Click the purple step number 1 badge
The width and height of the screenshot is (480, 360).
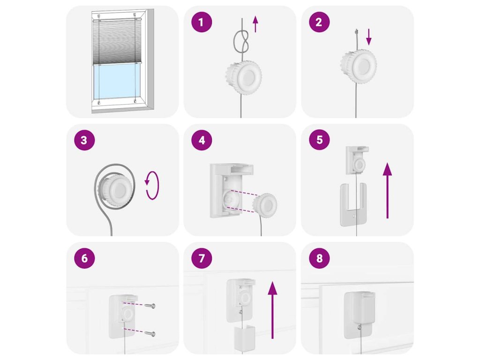[202, 22]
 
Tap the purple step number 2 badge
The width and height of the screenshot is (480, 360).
[319, 22]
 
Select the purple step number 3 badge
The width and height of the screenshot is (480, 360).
[84, 140]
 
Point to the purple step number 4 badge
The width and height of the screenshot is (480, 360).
[202, 140]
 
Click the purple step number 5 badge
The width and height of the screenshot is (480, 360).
[319, 140]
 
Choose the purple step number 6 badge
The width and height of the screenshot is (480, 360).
[84, 258]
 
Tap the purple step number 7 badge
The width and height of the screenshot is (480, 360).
[202, 258]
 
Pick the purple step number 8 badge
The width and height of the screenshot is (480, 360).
[319, 258]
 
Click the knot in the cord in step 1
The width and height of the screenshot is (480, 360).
[241, 42]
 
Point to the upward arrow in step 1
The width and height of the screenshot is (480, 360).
[255, 24]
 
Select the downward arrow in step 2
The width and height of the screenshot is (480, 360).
[369, 37]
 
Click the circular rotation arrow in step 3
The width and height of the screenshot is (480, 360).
[152, 185]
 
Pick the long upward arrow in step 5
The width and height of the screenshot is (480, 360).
[387, 190]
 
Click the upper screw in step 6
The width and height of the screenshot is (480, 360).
[150, 306]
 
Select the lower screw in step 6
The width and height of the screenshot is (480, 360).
[150, 334]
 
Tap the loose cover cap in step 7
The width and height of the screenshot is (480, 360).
[245, 338]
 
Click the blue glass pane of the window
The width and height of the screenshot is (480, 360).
[117, 82]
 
